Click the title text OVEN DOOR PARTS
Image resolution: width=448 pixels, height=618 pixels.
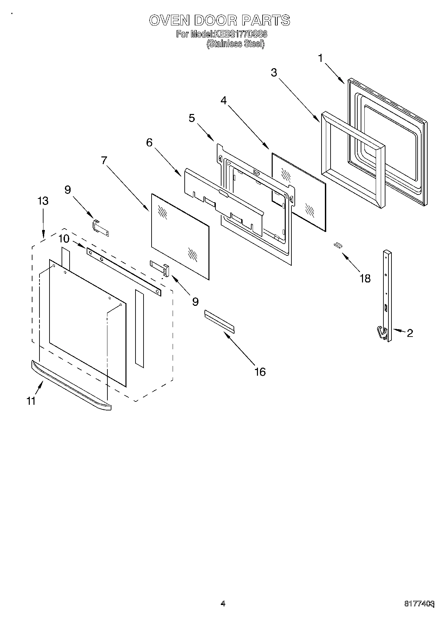pos(219,20)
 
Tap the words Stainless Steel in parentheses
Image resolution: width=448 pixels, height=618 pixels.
pos(236,44)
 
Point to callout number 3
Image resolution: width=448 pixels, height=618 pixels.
pos(274,73)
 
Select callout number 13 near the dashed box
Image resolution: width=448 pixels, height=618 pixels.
pos(43,201)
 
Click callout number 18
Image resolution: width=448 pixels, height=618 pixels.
pos(365,278)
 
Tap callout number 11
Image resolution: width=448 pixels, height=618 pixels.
pos(31,400)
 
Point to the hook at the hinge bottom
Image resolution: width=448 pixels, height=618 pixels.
pos(381,333)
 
